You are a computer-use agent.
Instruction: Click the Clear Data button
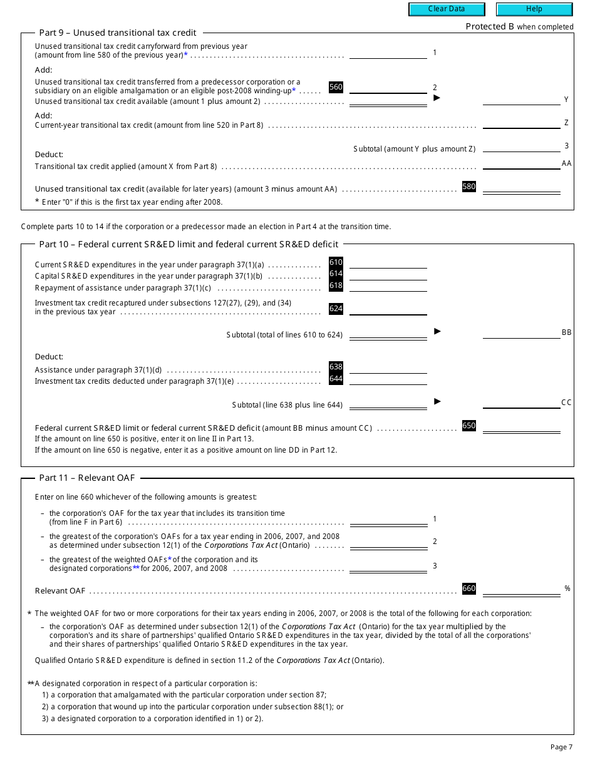coord(447,9)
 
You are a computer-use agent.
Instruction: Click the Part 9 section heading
coord(118,33)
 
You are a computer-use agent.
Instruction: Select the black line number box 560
coord(336,88)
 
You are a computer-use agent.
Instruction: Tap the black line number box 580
coord(468,187)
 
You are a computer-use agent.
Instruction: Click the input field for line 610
coord(388,263)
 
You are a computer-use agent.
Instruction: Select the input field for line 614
coord(388,274)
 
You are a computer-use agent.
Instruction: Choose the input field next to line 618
coord(388,286)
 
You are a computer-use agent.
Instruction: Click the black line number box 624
coord(336,309)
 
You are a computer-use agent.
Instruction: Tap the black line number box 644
coord(336,379)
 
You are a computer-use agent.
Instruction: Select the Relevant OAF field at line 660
coord(521,589)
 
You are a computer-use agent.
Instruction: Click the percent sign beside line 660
coord(567,589)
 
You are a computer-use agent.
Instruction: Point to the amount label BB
coord(566,332)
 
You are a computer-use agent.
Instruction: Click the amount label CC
coord(566,403)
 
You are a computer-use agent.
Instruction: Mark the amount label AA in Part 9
coord(566,163)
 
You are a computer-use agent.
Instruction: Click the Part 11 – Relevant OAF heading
coord(87,478)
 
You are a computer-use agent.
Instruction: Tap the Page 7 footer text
coord(561,747)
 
